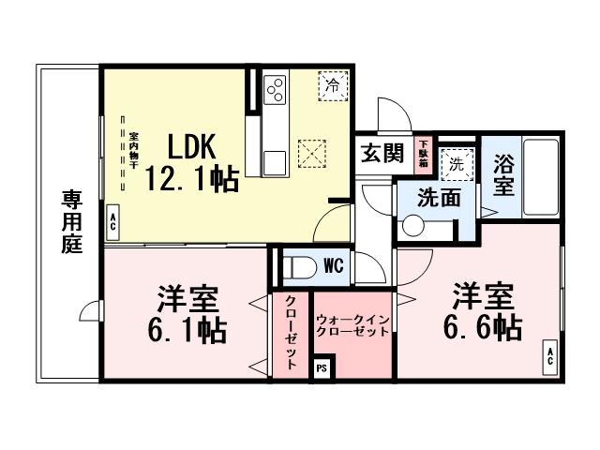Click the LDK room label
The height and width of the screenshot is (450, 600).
192,147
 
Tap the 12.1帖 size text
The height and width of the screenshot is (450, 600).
190,180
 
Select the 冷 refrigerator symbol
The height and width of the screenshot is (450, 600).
332,84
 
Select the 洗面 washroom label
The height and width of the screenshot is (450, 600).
439,198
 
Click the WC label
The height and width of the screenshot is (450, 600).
333,266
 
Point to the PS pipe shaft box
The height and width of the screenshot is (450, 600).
322,367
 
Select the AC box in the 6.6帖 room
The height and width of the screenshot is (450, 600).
549,356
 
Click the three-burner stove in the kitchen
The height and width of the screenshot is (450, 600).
277,90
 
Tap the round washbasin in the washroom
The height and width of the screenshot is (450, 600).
413,225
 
